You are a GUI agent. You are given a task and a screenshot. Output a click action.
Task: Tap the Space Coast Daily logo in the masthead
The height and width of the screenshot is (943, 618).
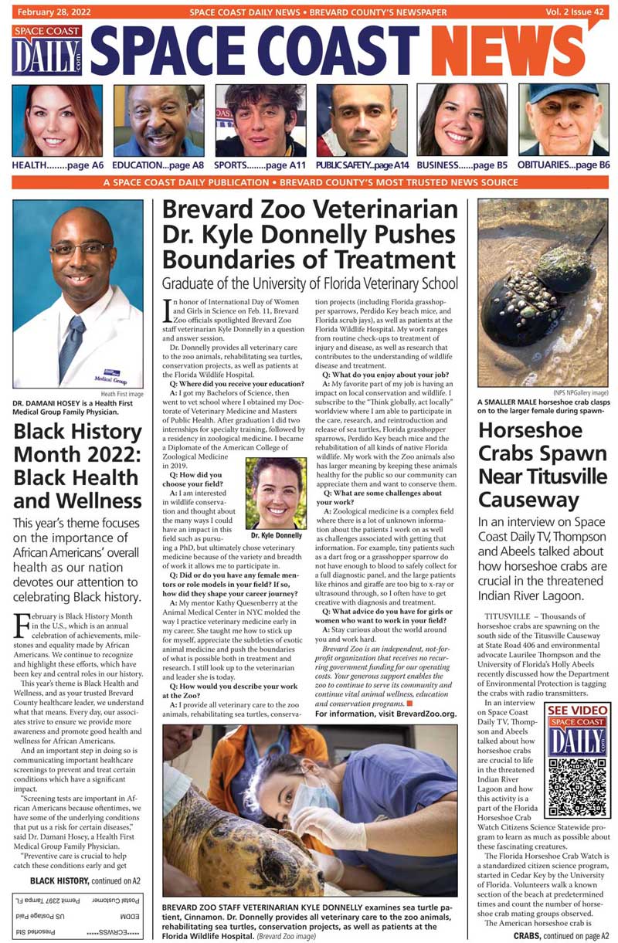tap(47, 50)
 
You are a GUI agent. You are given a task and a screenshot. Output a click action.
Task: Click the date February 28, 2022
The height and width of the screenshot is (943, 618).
tap(53, 12)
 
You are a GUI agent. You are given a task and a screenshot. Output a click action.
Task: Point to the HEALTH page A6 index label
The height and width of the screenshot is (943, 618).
tap(57, 165)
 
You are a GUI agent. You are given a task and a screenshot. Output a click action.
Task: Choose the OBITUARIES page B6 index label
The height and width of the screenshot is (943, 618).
tap(563, 165)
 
